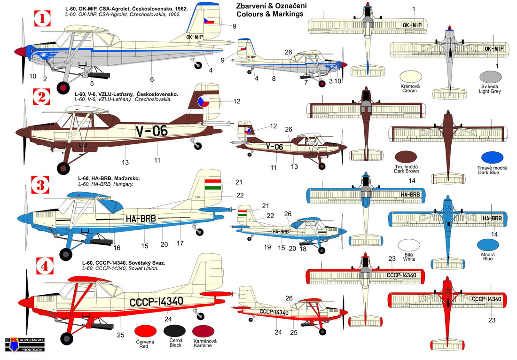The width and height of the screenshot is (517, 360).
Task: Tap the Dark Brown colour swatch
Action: (x=407, y=158)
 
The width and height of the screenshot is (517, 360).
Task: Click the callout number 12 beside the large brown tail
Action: (x=237, y=101)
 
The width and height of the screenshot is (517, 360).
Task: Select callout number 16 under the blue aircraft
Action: (x=117, y=247)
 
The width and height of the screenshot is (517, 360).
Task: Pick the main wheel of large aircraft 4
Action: (x=66, y=337)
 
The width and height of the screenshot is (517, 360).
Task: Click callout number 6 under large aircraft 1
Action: (x=152, y=79)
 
